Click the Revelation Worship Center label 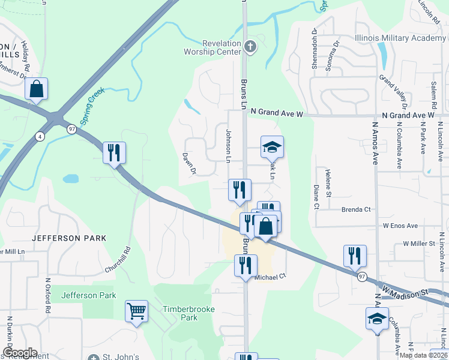coord(221,48)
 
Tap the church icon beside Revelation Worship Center coord(250,46)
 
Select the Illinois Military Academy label coord(401,38)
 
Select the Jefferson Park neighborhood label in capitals coord(69,238)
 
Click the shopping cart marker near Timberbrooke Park coord(137,311)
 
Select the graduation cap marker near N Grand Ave coord(272,147)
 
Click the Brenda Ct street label coord(357,210)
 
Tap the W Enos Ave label coord(400,226)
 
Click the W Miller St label coord(419,244)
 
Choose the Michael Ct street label coord(271,277)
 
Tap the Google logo coord(20,353)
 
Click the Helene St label coord(329,179)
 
